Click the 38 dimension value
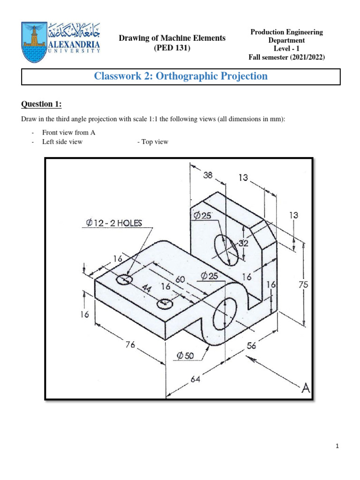coord(207,175)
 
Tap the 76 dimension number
coord(130,345)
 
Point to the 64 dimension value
coord(195,380)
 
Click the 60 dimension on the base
coord(180,279)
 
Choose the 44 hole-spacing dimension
coord(146,289)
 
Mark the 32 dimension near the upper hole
coord(243,243)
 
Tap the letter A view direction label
coord(306,388)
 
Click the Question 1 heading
coord(41,104)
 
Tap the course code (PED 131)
coord(172,48)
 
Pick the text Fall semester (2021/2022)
coord(286,57)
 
